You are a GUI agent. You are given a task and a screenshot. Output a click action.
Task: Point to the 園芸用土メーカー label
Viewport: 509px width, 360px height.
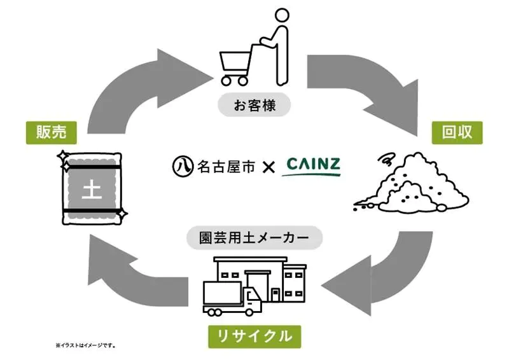pos(254,239)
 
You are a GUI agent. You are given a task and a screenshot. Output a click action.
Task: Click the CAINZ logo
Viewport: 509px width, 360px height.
pos(312,167)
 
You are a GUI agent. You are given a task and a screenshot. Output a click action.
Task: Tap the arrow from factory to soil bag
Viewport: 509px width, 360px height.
pos(134,273)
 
